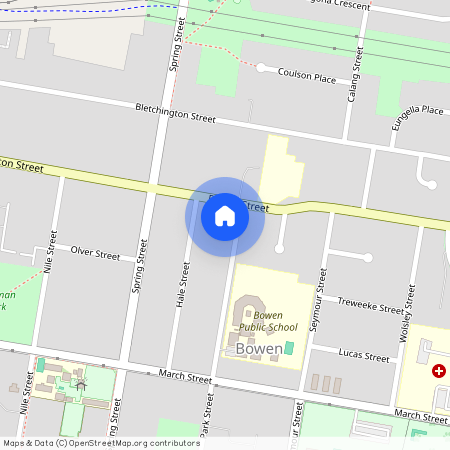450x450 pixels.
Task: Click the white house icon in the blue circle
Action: pyautogui.click(x=225, y=215)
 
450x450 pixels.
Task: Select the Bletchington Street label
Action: pyautogui.click(x=175, y=112)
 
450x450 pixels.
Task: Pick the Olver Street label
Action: pyautogui.click(x=94, y=253)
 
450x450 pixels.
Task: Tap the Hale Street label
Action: pyautogui.click(x=183, y=284)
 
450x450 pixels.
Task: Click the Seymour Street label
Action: pyautogui.click(x=321, y=295)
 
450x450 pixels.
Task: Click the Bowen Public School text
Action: pyautogui.click(x=268, y=320)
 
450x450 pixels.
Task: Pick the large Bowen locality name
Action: pyautogui.click(x=260, y=349)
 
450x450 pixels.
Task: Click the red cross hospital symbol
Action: pyautogui.click(x=438, y=371)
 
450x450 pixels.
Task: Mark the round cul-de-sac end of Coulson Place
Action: pyautogui.click(x=261, y=68)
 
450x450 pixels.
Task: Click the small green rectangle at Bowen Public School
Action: pyautogui.click(x=290, y=347)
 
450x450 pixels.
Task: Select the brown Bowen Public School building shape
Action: pyautogui.click(x=245, y=315)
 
